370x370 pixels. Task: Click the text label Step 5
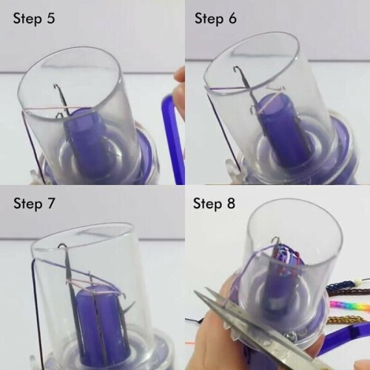coord(34,18)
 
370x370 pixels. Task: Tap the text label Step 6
coord(215,18)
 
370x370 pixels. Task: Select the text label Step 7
coord(34,204)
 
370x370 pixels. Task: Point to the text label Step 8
coord(214,204)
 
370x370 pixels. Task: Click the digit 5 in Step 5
coord(50,18)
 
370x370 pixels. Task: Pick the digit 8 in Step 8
coord(231,203)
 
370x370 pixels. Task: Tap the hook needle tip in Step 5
coord(55,86)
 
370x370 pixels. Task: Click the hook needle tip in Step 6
coord(236,68)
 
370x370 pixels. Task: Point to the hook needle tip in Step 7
coord(61,246)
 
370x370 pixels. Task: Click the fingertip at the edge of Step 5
coord(180,74)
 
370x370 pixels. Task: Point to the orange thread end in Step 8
coord(190,343)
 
